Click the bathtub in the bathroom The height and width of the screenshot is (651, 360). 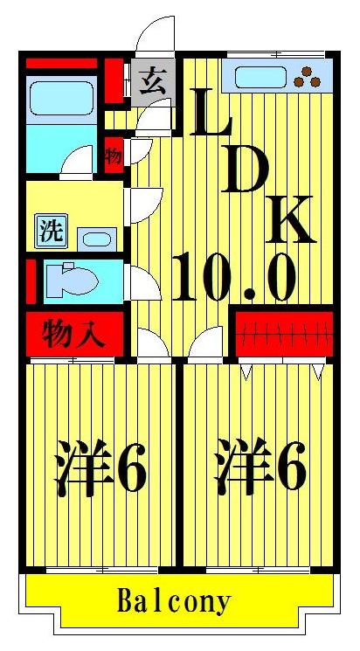coord(61,100)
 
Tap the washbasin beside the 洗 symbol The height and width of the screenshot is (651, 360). coord(97,238)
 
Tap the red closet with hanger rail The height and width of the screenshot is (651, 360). coord(284,332)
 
